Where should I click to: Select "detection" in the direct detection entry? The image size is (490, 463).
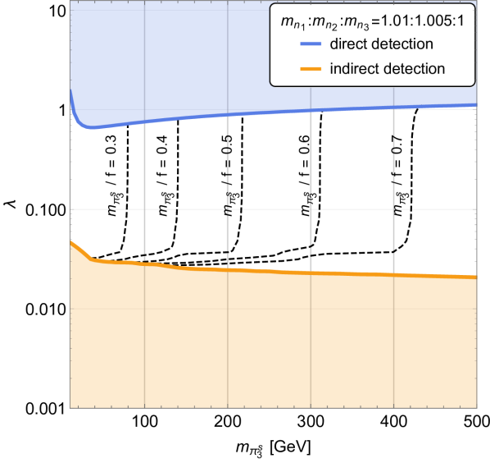402,44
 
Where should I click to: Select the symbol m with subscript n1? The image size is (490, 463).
290,24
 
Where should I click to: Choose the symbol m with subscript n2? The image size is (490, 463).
316,24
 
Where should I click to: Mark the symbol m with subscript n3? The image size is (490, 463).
344,24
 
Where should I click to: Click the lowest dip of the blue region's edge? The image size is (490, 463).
91,129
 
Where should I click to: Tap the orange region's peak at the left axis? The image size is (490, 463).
71,240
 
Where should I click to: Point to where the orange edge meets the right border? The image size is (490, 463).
477,275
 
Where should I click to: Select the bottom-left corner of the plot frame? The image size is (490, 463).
70,407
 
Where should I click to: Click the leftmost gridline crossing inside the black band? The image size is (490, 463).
144,209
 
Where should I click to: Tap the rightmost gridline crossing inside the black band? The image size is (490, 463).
394,209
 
